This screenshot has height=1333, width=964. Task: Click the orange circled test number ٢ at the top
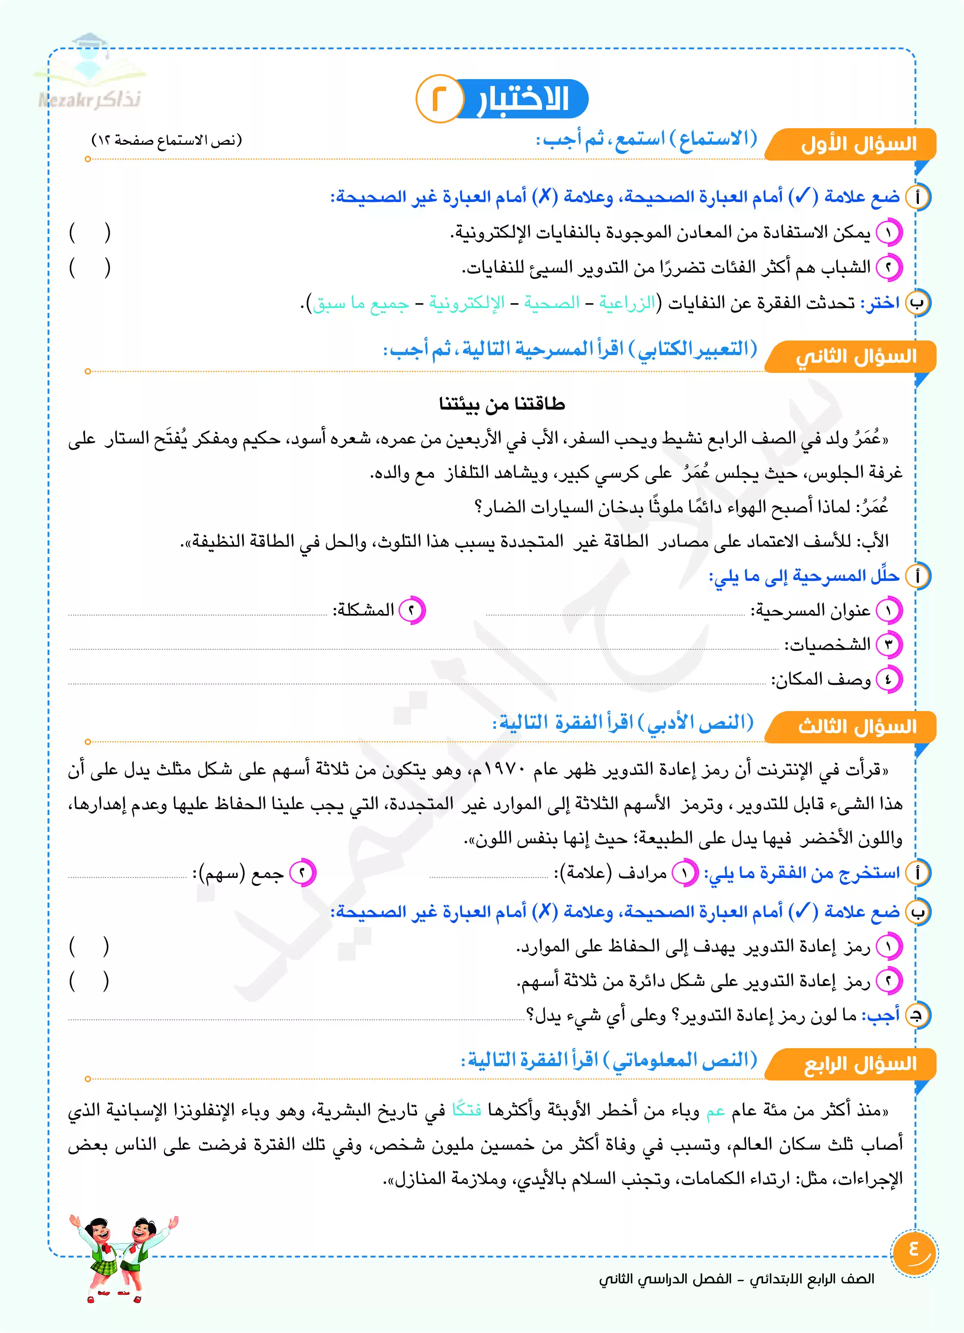coord(438,99)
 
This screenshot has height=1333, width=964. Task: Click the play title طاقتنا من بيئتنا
coord(502,404)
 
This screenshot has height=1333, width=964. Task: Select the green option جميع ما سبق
coord(360,303)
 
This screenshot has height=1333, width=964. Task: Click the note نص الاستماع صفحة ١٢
coord(167,140)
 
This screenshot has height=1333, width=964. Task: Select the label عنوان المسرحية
coord(811,611)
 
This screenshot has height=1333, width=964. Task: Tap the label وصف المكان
coord(821,680)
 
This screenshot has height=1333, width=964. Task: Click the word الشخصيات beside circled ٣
coord(828,645)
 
